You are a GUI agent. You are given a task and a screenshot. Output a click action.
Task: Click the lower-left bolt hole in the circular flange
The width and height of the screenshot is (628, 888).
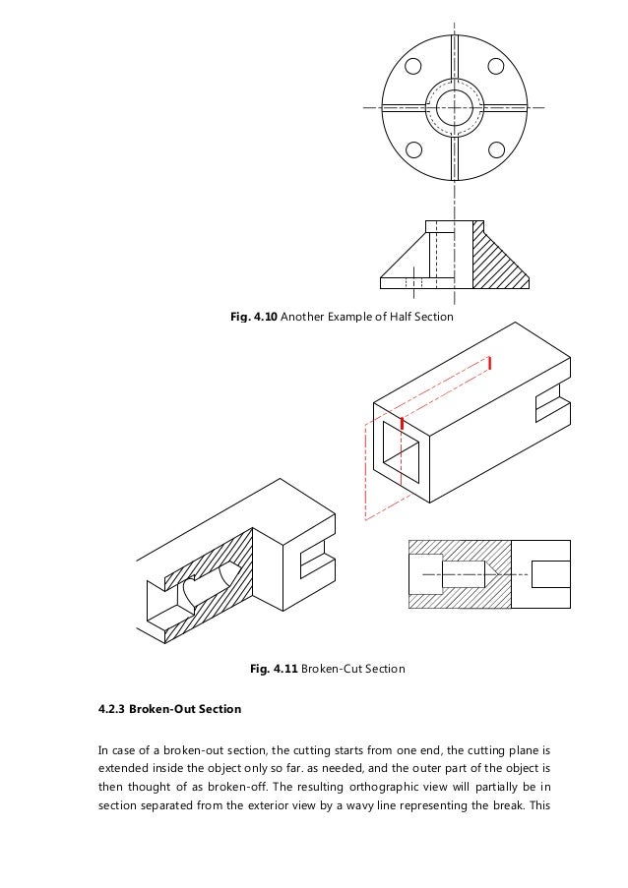(413, 149)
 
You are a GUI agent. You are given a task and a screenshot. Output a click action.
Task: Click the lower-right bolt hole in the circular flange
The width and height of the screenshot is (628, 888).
(498, 149)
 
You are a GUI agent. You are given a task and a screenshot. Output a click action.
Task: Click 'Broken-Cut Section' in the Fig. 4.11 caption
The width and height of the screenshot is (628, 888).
(355, 670)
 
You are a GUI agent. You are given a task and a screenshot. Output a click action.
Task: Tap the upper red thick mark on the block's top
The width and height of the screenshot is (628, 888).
(488, 363)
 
